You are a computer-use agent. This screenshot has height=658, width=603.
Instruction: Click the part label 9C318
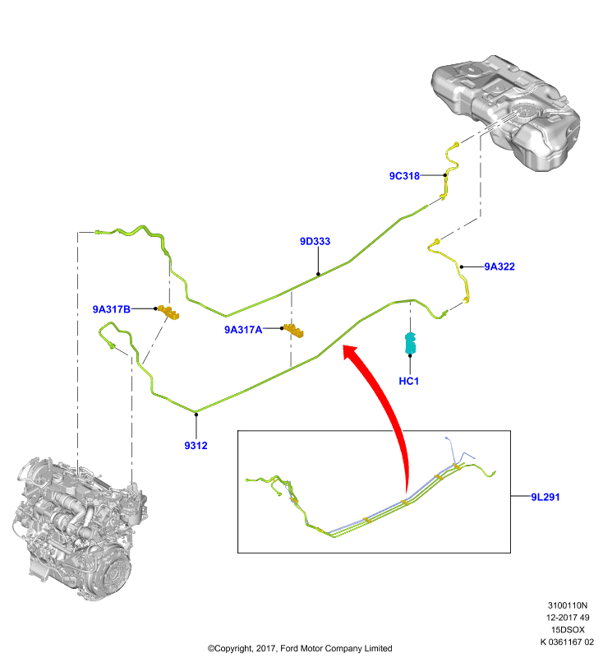[404, 176]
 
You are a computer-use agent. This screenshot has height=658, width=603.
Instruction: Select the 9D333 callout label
[315, 241]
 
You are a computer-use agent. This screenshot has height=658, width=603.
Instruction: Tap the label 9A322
[499, 266]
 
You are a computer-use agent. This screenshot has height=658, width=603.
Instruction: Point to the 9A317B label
[112, 309]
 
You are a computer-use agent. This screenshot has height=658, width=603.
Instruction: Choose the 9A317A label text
[243, 330]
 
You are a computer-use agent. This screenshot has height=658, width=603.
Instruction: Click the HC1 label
[408, 381]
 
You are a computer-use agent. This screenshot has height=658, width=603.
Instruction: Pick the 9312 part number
[196, 446]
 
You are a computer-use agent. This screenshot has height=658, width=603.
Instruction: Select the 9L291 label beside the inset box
[545, 497]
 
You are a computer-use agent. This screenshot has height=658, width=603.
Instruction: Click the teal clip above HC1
[410, 343]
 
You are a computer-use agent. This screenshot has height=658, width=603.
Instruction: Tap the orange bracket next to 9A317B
[169, 313]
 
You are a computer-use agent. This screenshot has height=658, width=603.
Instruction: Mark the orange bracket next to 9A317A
[294, 331]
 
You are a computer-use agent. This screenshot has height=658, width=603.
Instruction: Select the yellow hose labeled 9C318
[449, 170]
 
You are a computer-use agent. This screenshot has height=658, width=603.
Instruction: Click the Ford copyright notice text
[300, 648]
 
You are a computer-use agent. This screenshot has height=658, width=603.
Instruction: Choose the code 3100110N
[568, 605]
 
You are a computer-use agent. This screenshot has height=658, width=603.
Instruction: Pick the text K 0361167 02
[567, 642]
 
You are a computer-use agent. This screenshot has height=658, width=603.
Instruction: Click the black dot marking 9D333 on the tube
[318, 274]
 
